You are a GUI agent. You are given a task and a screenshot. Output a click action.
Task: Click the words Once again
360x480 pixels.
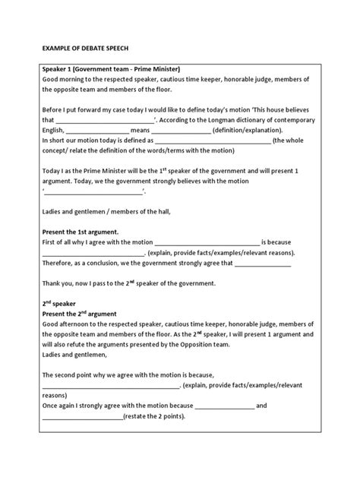(61, 406)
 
